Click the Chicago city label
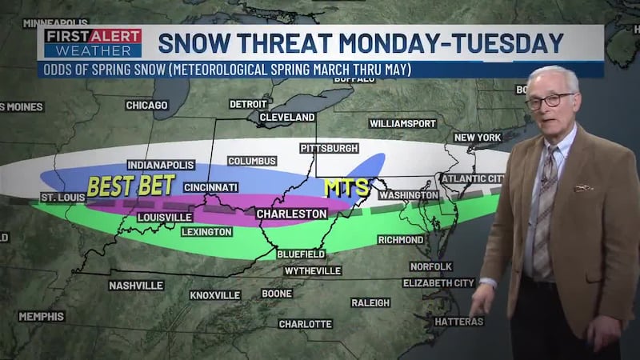coord(146,105)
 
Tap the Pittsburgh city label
coord(329,149)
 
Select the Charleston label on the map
coord(291,214)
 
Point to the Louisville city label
coord(164,217)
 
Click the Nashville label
coord(136,285)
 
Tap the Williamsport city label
coord(402,123)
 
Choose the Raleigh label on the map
coord(370,302)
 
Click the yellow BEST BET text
coord(130,186)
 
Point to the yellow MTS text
coord(346,187)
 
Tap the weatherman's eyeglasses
coord(550,101)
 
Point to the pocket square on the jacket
coord(584,188)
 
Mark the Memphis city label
coord(42,316)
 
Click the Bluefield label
coord(301,254)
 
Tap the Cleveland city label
coord(286,117)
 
